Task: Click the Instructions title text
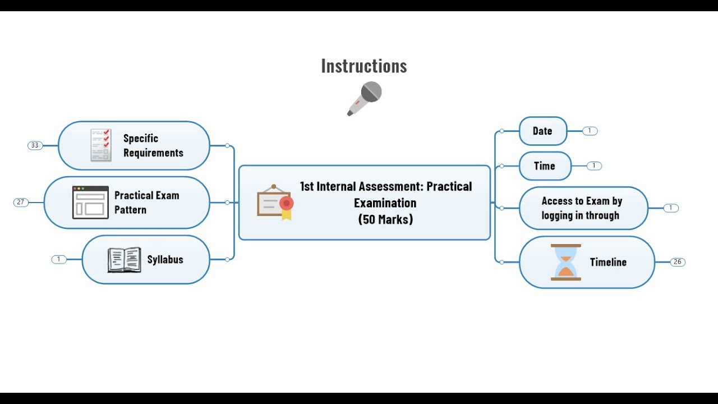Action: (364, 66)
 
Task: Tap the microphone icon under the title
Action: (365, 98)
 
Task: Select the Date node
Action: (542, 131)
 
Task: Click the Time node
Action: (545, 166)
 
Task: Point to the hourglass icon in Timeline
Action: (565, 262)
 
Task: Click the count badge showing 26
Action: (678, 262)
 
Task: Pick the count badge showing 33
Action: (35, 145)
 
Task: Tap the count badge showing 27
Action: (21, 202)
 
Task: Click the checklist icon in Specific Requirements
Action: (101, 145)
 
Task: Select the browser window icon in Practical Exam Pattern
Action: (90, 202)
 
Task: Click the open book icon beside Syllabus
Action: (124, 260)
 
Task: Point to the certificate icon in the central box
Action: (275, 202)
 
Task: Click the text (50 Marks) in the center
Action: (385, 219)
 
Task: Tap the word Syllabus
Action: (165, 260)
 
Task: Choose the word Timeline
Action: (608, 262)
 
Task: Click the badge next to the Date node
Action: (590, 131)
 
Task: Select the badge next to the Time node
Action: (594, 166)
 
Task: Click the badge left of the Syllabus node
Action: (59, 259)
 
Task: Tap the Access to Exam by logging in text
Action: (582, 208)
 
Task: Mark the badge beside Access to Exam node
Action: (670, 208)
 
